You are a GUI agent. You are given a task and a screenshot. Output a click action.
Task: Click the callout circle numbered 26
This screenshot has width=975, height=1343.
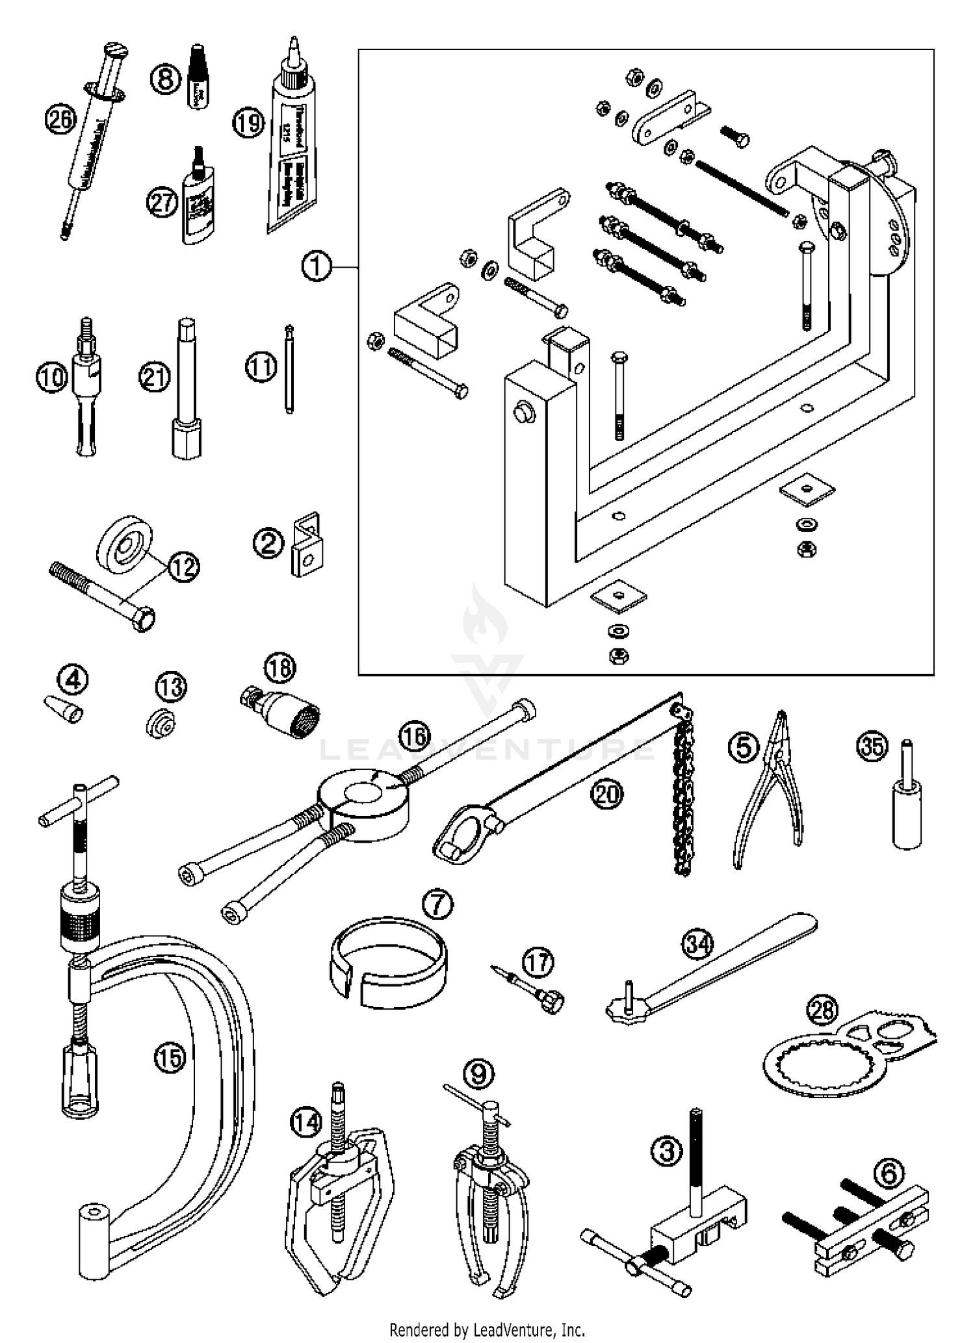pyautogui.click(x=60, y=119)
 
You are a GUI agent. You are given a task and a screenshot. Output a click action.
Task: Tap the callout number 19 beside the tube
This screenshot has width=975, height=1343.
pyautogui.click(x=249, y=123)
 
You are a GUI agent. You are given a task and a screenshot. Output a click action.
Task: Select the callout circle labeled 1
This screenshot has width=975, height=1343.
pyautogui.click(x=317, y=266)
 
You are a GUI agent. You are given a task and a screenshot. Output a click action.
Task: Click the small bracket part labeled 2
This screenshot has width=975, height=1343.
pyautogui.click(x=306, y=545)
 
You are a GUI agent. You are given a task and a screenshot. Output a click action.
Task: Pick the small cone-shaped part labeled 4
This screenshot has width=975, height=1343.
pyautogui.click(x=64, y=710)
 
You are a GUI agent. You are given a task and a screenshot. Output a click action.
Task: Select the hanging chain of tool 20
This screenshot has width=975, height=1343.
pyautogui.click(x=683, y=806)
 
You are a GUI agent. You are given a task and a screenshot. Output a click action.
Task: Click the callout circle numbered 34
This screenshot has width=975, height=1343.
pyautogui.click(x=698, y=943)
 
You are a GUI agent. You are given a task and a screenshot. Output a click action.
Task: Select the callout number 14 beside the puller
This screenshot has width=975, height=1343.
pyautogui.click(x=306, y=1122)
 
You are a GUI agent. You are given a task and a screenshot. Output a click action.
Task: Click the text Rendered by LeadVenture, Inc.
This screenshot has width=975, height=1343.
pyautogui.click(x=487, y=1329)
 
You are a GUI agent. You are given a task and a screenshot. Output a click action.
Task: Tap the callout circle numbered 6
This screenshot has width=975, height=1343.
pyautogui.click(x=889, y=1173)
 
